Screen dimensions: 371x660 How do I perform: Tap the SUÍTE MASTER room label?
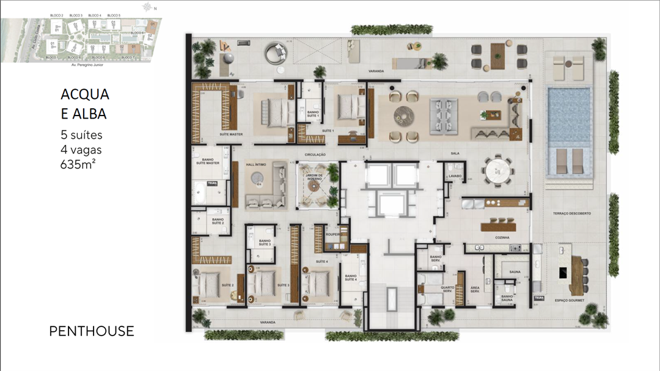(x=232, y=133)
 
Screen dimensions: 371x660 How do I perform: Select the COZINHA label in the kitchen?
(x=503, y=237)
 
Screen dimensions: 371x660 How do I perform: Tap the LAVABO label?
(x=454, y=176)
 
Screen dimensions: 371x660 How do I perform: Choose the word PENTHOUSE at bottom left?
(x=91, y=331)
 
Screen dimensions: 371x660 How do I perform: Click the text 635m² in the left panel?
(x=78, y=164)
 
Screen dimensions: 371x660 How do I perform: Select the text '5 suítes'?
(x=81, y=135)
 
